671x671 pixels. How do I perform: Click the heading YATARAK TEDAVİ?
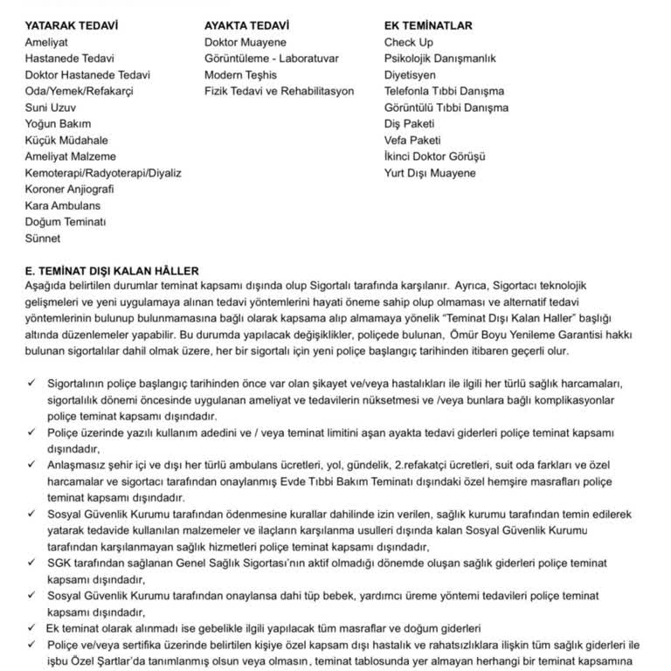pyautogui.click(x=72, y=25)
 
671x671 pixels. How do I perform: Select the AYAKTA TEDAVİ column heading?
pyautogui.click(x=247, y=25)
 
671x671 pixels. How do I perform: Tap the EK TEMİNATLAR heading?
pyautogui.click(x=428, y=25)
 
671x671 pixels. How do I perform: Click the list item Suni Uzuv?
pyautogui.click(x=52, y=107)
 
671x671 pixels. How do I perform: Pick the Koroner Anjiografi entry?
pyautogui.click(x=70, y=190)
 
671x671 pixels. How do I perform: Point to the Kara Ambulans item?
pyautogui.click(x=63, y=206)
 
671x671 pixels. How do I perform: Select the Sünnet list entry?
pyautogui.click(x=43, y=239)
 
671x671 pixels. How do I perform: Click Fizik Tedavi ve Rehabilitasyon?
pyautogui.click(x=280, y=91)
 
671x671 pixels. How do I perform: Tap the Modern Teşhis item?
pyautogui.click(x=240, y=75)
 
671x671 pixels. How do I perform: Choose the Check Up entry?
pyautogui.click(x=409, y=42)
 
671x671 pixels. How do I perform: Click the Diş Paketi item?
pyautogui.click(x=409, y=124)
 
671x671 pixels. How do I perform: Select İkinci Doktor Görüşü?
pyautogui.click(x=434, y=156)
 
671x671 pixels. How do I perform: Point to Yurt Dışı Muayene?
pyautogui.click(x=430, y=173)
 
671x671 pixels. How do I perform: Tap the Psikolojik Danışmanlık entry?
pyautogui.click(x=439, y=59)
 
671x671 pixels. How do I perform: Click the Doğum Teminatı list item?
pyautogui.click(x=66, y=222)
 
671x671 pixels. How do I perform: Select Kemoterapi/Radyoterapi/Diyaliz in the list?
pyautogui.click(x=103, y=173)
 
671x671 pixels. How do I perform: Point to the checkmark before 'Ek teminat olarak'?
pyautogui.click(x=31, y=628)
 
